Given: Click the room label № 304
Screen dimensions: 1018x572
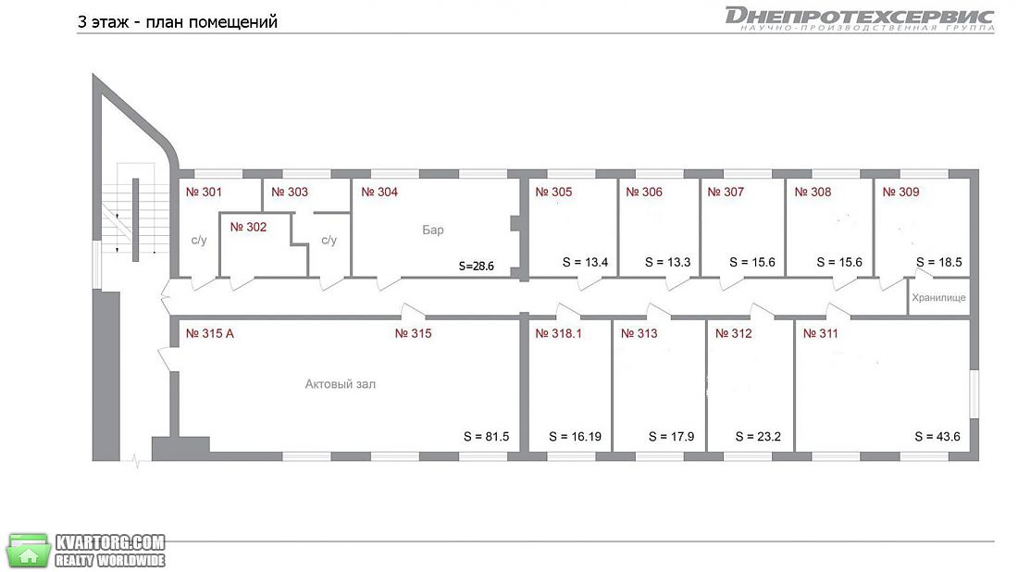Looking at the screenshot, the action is click(379, 193).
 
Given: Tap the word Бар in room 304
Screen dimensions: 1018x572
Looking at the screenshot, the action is click(433, 230).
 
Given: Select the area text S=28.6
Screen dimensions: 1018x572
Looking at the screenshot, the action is click(476, 266).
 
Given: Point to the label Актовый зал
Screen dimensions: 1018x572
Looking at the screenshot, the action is click(341, 384).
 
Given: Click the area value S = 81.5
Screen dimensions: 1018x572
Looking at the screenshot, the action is click(486, 437).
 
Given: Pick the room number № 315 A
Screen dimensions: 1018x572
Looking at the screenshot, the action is click(210, 334).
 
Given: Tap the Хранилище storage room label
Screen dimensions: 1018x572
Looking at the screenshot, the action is click(938, 298).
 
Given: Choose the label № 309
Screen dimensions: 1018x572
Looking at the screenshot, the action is click(900, 193).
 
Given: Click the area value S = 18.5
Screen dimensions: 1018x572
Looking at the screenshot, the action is click(938, 262).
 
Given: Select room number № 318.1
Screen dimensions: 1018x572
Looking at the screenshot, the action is click(558, 334).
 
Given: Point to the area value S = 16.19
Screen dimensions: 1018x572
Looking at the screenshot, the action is click(576, 437).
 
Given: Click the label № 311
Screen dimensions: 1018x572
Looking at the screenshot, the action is click(821, 334).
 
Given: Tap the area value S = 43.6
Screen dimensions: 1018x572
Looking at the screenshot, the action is click(937, 437).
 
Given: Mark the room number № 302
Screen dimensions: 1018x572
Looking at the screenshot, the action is click(248, 228).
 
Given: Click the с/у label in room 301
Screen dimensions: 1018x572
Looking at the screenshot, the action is click(199, 241).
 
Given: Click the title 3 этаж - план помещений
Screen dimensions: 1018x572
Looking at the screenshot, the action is click(178, 22).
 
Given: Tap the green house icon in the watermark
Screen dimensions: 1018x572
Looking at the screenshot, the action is click(29, 552).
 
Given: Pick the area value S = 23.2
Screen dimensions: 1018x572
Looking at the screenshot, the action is click(758, 437).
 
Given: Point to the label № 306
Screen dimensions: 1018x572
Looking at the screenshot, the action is click(644, 193).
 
